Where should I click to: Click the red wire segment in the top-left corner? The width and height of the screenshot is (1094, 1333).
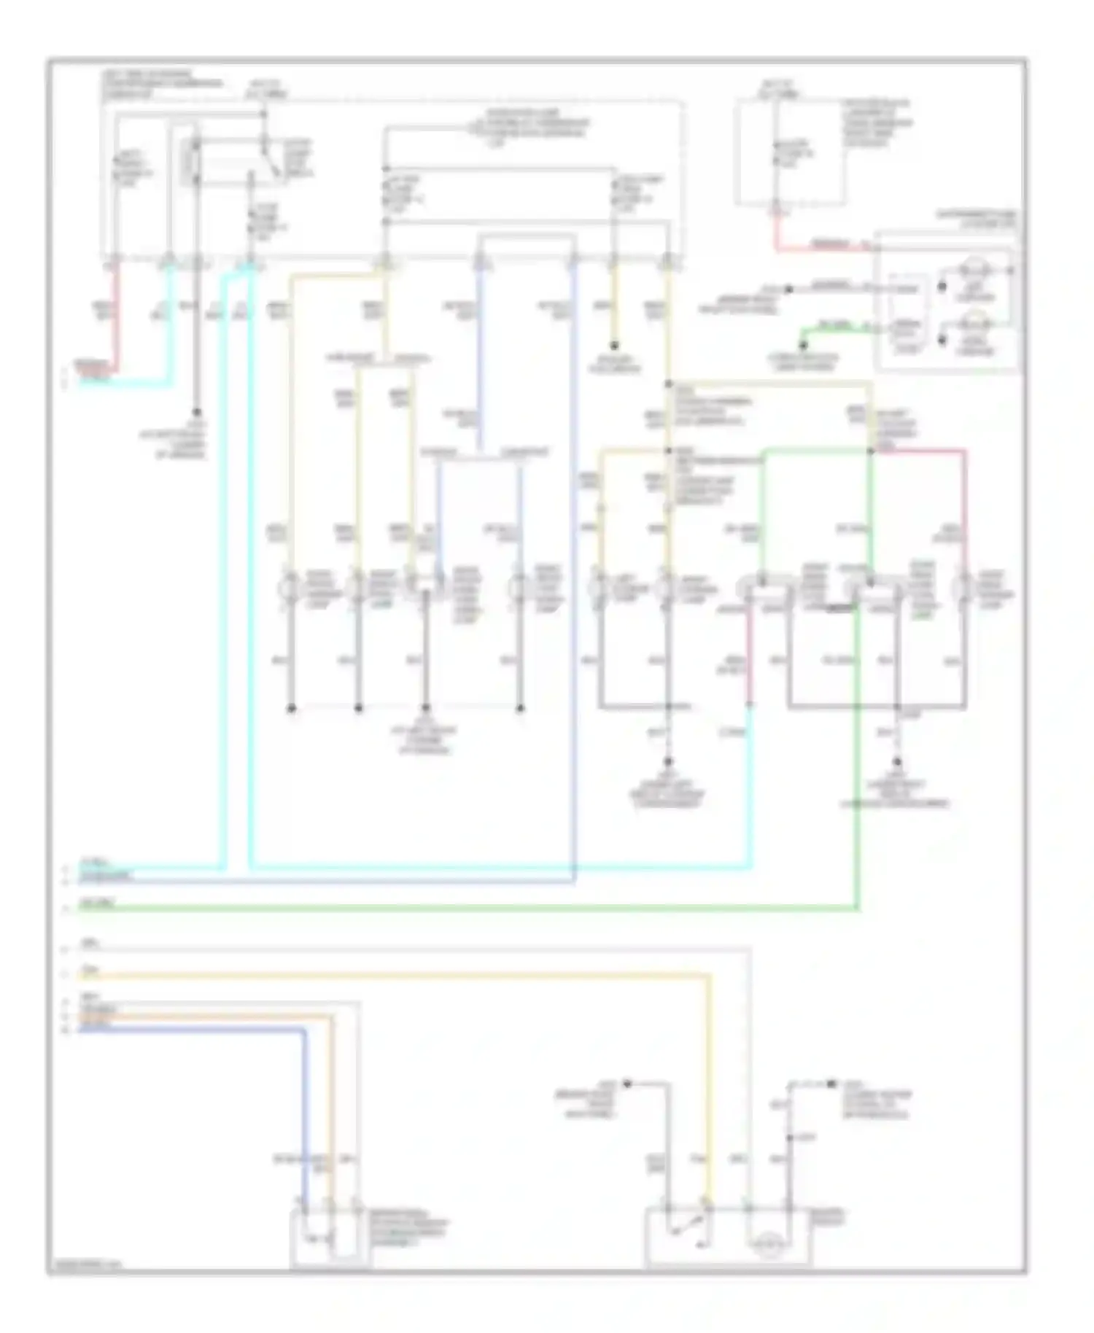(x=115, y=321)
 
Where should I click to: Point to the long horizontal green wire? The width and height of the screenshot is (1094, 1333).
(x=467, y=909)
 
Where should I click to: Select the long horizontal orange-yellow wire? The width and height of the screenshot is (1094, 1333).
(x=394, y=974)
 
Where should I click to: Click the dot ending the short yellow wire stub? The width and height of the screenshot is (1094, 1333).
(x=615, y=346)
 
